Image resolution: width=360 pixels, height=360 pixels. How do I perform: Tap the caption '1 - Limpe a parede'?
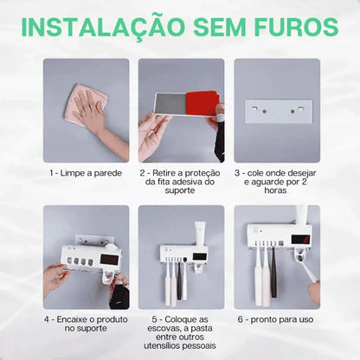(86, 172)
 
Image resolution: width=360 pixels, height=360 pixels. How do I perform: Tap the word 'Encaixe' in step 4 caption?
(83, 319)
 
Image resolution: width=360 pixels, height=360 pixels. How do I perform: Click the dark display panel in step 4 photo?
(110, 259)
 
